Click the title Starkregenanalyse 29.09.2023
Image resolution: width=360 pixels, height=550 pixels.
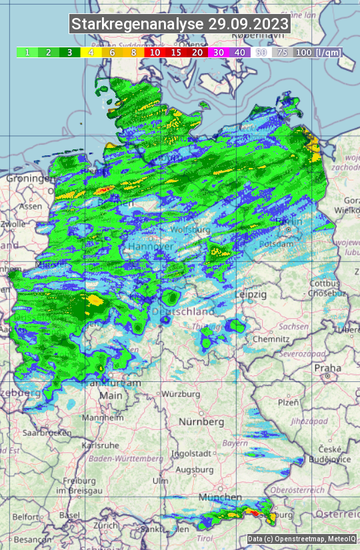tap(180, 25)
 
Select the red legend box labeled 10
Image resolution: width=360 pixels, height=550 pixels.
tap(155, 52)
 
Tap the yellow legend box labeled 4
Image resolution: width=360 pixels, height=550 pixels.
tap(91, 52)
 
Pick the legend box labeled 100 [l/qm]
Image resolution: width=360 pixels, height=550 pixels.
tap(317, 52)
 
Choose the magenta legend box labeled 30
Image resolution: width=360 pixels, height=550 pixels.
tap(219, 52)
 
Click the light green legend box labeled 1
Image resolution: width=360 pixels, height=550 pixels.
tap(27, 52)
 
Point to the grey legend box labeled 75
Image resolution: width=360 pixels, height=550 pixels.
tap(282, 52)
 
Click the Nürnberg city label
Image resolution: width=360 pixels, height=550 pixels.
tap(201, 422)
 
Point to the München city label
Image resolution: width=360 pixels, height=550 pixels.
tap(219, 497)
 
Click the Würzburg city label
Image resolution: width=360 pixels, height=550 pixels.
tap(181, 394)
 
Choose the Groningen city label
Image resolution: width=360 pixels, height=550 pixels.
tap(30, 179)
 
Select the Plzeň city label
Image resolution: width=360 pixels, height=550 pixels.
tap(288, 403)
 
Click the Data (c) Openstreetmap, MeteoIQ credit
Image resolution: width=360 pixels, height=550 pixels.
tap(301, 539)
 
